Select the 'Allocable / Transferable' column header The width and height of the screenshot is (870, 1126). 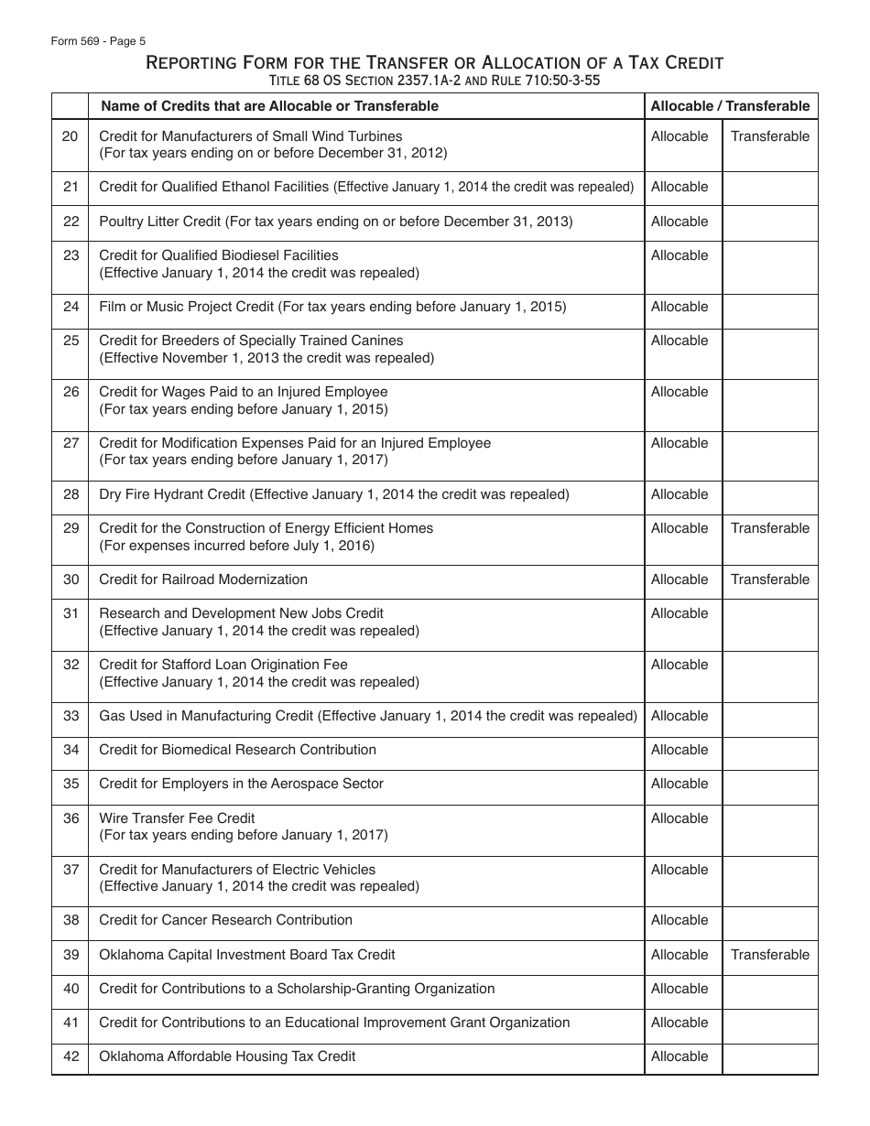click(x=730, y=106)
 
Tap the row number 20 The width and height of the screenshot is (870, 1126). click(x=71, y=136)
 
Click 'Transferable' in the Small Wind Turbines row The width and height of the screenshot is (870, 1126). click(x=769, y=136)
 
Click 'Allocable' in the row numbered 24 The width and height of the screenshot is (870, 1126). click(x=680, y=307)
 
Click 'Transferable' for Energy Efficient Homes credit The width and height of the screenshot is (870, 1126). click(x=769, y=528)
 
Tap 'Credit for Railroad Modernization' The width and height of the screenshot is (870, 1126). click(x=203, y=579)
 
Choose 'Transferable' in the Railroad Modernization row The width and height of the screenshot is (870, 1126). click(x=769, y=579)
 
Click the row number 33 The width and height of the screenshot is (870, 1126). click(x=71, y=716)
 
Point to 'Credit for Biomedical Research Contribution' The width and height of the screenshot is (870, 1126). click(x=237, y=750)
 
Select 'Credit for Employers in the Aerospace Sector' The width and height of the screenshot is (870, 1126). click(x=241, y=784)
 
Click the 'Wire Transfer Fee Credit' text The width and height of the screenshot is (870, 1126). click(x=177, y=818)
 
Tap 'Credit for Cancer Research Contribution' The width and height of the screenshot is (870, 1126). click(x=225, y=920)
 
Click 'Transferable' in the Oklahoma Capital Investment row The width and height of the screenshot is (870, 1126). click(x=769, y=955)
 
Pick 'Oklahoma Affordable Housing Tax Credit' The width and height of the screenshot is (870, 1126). click(x=227, y=1056)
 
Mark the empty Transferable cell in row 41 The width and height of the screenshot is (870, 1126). click(x=769, y=1023)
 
